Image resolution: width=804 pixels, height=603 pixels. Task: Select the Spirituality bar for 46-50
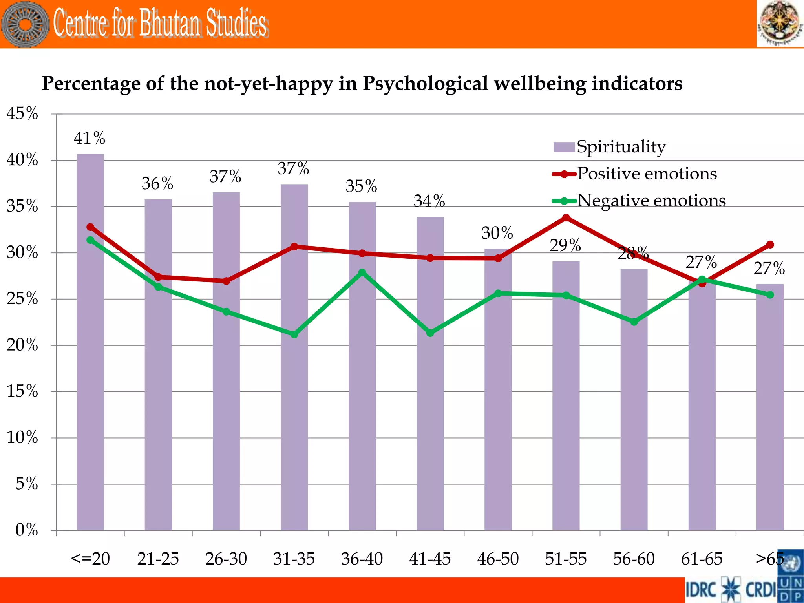point(498,393)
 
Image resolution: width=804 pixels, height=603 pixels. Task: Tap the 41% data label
point(90,138)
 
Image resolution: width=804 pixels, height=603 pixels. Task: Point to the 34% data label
point(429,201)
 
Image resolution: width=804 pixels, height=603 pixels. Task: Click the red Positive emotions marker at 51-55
point(566,217)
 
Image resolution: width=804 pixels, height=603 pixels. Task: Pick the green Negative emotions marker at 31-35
point(294,334)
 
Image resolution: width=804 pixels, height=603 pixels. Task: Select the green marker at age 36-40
point(362,272)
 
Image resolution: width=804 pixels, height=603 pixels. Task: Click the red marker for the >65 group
point(770,245)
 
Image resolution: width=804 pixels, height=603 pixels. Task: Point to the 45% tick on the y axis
point(22,114)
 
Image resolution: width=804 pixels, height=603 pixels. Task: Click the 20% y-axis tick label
point(22,345)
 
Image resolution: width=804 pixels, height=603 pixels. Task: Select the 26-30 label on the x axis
point(226,559)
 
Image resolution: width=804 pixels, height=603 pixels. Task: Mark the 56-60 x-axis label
point(634,559)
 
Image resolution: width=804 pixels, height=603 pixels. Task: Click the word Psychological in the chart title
point(425,83)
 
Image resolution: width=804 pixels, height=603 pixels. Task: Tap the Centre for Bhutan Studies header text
point(160,24)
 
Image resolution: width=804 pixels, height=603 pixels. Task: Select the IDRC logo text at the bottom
point(701,590)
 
